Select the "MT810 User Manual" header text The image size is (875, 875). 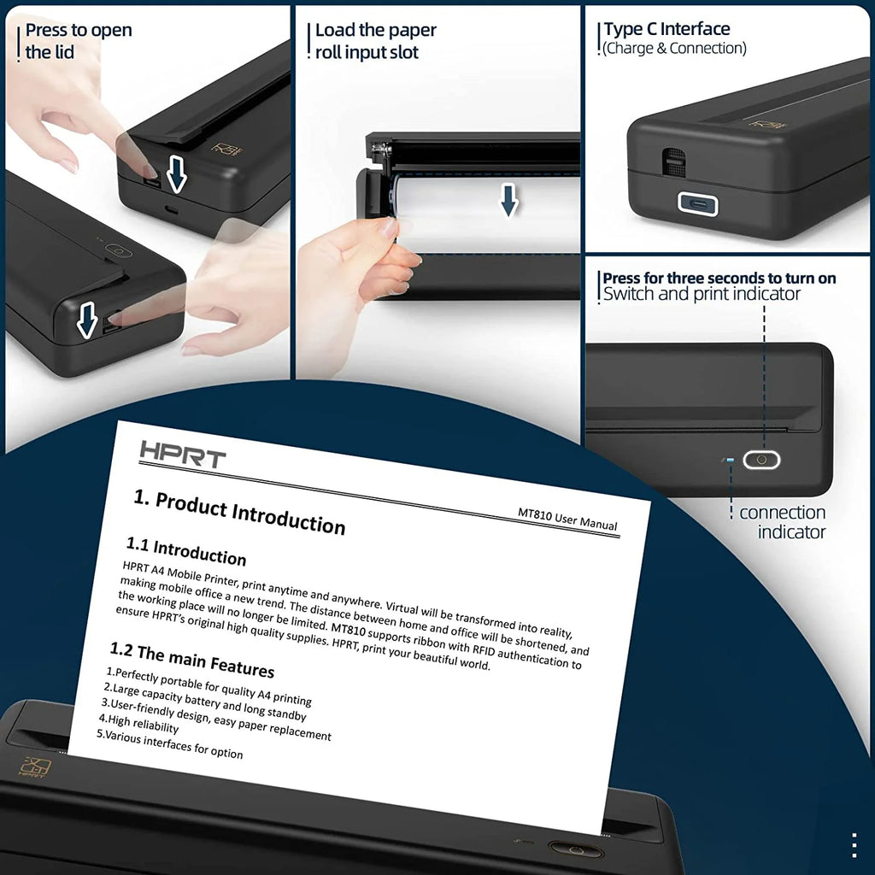[567, 519]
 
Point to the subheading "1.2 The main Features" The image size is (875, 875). [192, 659]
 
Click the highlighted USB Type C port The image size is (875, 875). [697, 203]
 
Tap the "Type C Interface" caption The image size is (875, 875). [667, 30]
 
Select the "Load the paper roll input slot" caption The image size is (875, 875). [375, 41]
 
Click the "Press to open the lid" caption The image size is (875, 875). [78, 41]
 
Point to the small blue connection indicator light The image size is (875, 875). [729, 460]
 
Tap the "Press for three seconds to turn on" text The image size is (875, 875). [719, 278]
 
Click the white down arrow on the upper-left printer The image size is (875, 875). [177, 174]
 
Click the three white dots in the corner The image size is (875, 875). [854, 843]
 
